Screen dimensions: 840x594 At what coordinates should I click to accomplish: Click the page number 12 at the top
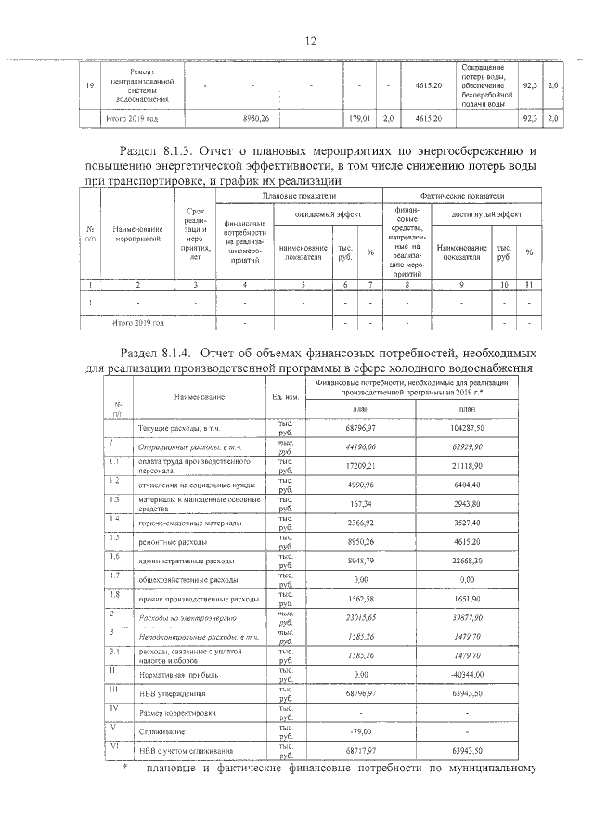[311, 40]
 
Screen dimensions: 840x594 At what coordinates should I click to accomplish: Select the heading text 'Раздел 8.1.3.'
[166, 150]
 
